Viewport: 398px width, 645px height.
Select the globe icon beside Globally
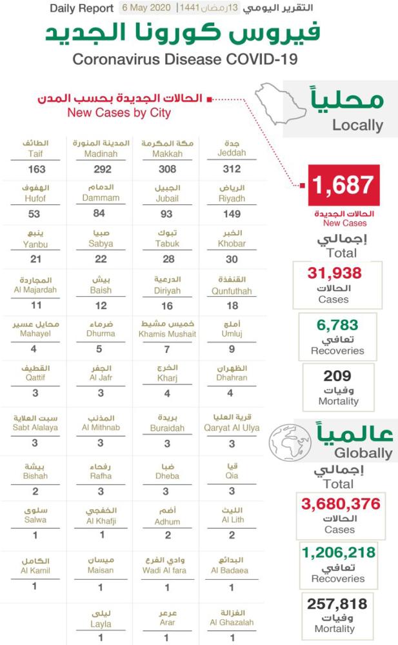point(290,443)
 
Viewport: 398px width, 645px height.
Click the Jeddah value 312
point(232,169)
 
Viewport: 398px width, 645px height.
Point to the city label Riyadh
point(232,198)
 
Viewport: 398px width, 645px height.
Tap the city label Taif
point(35,154)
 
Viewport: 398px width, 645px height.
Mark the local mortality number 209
point(338,375)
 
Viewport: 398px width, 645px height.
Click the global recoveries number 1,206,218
point(339,552)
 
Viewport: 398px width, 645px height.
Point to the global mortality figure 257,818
point(339,604)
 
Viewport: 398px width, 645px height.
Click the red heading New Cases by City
point(119,112)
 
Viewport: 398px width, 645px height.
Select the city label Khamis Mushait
point(167,334)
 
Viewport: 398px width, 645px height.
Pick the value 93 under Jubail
point(166,213)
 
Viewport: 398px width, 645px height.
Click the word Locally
point(357,125)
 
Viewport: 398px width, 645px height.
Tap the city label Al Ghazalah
point(232,622)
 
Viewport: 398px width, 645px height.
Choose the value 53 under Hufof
point(35,213)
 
